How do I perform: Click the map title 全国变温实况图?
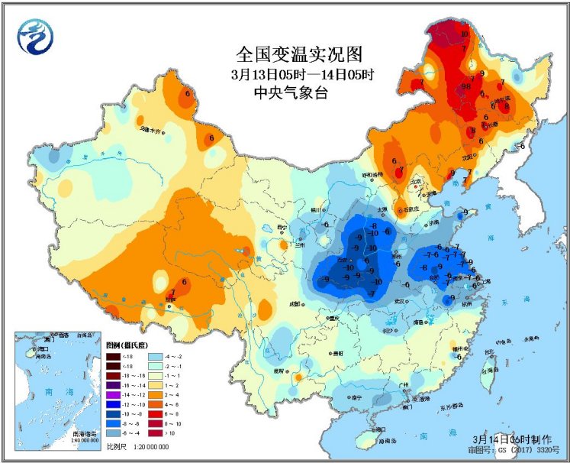(298, 54)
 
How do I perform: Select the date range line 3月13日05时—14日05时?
(302, 75)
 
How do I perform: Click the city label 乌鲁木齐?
(151, 131)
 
